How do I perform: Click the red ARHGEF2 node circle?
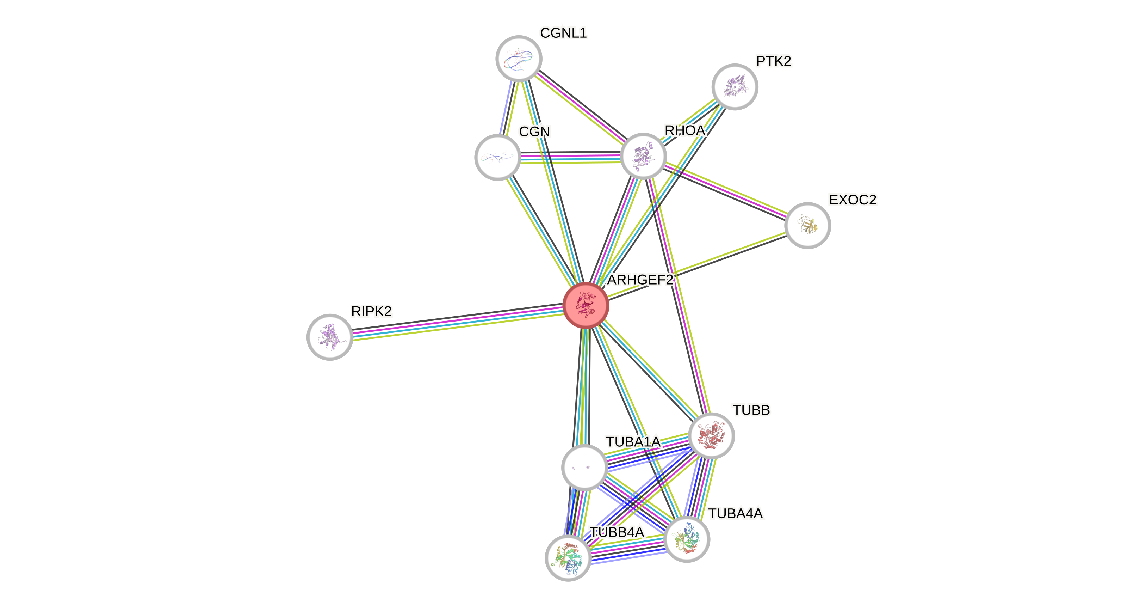586,305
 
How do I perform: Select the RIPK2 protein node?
330,337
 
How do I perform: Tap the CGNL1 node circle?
519,58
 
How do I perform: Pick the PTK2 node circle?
735,86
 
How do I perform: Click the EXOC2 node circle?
807,225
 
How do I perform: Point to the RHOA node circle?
643,156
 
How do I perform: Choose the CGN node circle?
498,157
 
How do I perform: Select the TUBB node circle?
711,435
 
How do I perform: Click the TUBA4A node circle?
687,539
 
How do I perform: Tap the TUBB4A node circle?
568,558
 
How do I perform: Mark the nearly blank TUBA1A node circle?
584,467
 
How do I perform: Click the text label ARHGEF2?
640,280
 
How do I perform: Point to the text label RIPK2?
371,311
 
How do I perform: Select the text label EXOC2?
853,200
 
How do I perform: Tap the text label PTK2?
773,61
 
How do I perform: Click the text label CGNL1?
563,32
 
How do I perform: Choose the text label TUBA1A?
633,442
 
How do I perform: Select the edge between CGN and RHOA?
570,158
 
